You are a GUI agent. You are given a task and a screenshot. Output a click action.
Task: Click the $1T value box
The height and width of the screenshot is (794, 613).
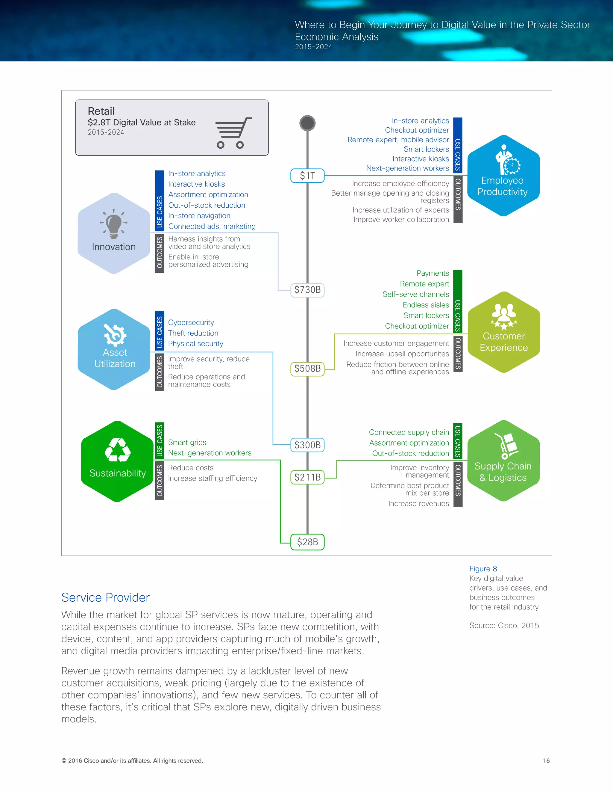click(307, 176)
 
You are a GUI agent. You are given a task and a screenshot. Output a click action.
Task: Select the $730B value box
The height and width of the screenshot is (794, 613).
click(307, 290)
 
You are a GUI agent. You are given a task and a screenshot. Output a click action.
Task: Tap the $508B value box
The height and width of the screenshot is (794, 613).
click(307, 369)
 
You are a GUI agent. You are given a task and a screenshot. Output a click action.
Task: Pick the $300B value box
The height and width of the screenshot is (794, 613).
click(307, 445)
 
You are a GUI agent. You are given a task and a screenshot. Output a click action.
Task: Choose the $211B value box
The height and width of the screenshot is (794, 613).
click(307, 477)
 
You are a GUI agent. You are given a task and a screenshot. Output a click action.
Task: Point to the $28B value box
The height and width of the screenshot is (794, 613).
click(307, 542)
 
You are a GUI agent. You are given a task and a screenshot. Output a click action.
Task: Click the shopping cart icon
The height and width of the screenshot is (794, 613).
click(233, 133)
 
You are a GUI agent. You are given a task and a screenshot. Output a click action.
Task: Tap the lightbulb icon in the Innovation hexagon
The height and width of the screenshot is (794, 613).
click(114, 223)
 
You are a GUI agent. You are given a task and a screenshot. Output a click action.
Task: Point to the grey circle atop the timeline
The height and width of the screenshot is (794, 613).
click(307, 123)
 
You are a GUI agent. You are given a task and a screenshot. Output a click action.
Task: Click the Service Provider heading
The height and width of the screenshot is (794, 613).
click(105, 597)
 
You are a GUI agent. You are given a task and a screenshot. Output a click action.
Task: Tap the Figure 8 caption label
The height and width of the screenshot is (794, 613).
click(483, 569)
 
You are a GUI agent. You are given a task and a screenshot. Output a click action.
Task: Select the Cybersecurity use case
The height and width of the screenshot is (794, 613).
click(191, 322)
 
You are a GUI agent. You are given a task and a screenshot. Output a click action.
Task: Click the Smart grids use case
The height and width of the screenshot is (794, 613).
click(187, 443)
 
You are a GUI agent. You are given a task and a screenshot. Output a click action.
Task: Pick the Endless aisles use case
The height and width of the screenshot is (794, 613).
click(426, 305)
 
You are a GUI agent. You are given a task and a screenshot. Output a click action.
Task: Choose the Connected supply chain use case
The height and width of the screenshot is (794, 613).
click(409, 432)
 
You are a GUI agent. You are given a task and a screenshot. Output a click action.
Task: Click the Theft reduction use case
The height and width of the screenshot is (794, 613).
click(193, 333)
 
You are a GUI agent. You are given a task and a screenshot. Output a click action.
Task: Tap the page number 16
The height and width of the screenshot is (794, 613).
click(546, 760)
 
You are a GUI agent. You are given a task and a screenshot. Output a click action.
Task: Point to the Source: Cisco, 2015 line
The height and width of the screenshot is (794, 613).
click(504, 625)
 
